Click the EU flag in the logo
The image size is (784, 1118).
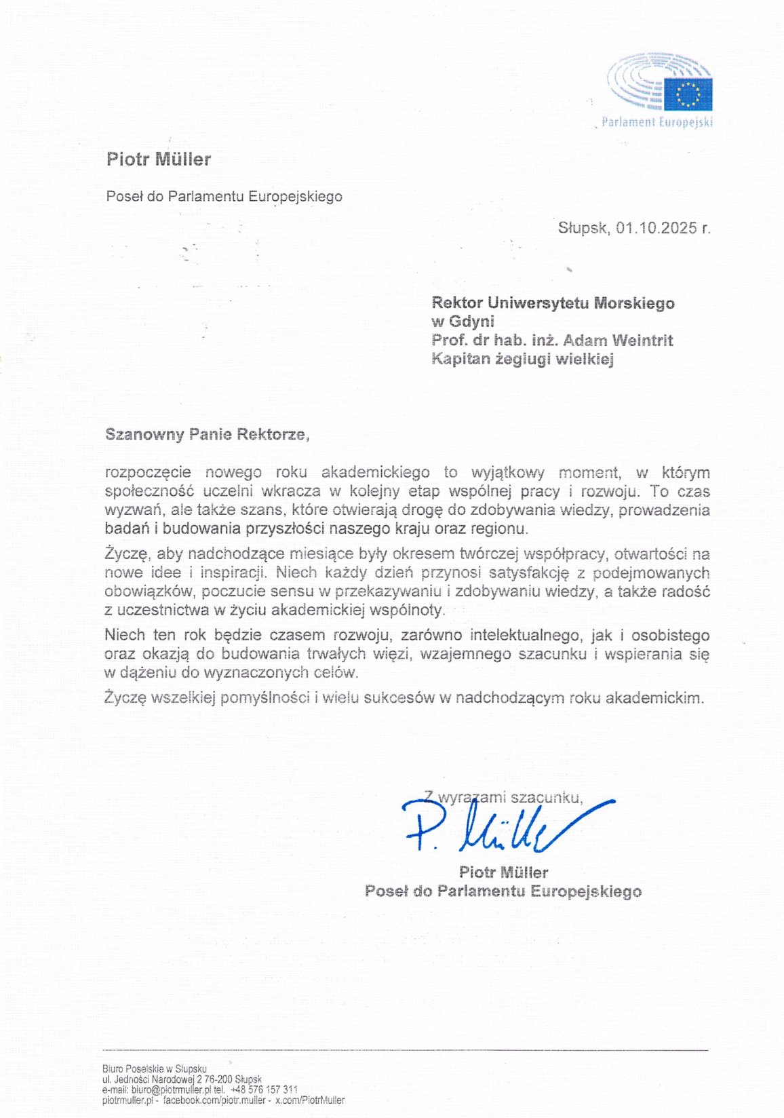point(688,94)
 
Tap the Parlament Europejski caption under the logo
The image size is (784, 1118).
point(656,123)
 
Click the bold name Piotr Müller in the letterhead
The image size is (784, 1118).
point(159,159)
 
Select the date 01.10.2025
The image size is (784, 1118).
point(656,228)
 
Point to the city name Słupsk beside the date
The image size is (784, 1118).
point(583,228)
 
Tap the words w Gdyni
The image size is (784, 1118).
point(463,322)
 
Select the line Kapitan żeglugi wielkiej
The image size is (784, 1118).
point(522,359)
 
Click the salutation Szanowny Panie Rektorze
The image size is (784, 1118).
point(207,434)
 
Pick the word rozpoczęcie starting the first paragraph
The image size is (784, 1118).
point(148,472)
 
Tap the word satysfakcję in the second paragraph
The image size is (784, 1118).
point(524,573)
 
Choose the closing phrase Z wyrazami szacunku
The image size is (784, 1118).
point(503,797)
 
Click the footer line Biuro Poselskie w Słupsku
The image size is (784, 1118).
point(155,1069)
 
